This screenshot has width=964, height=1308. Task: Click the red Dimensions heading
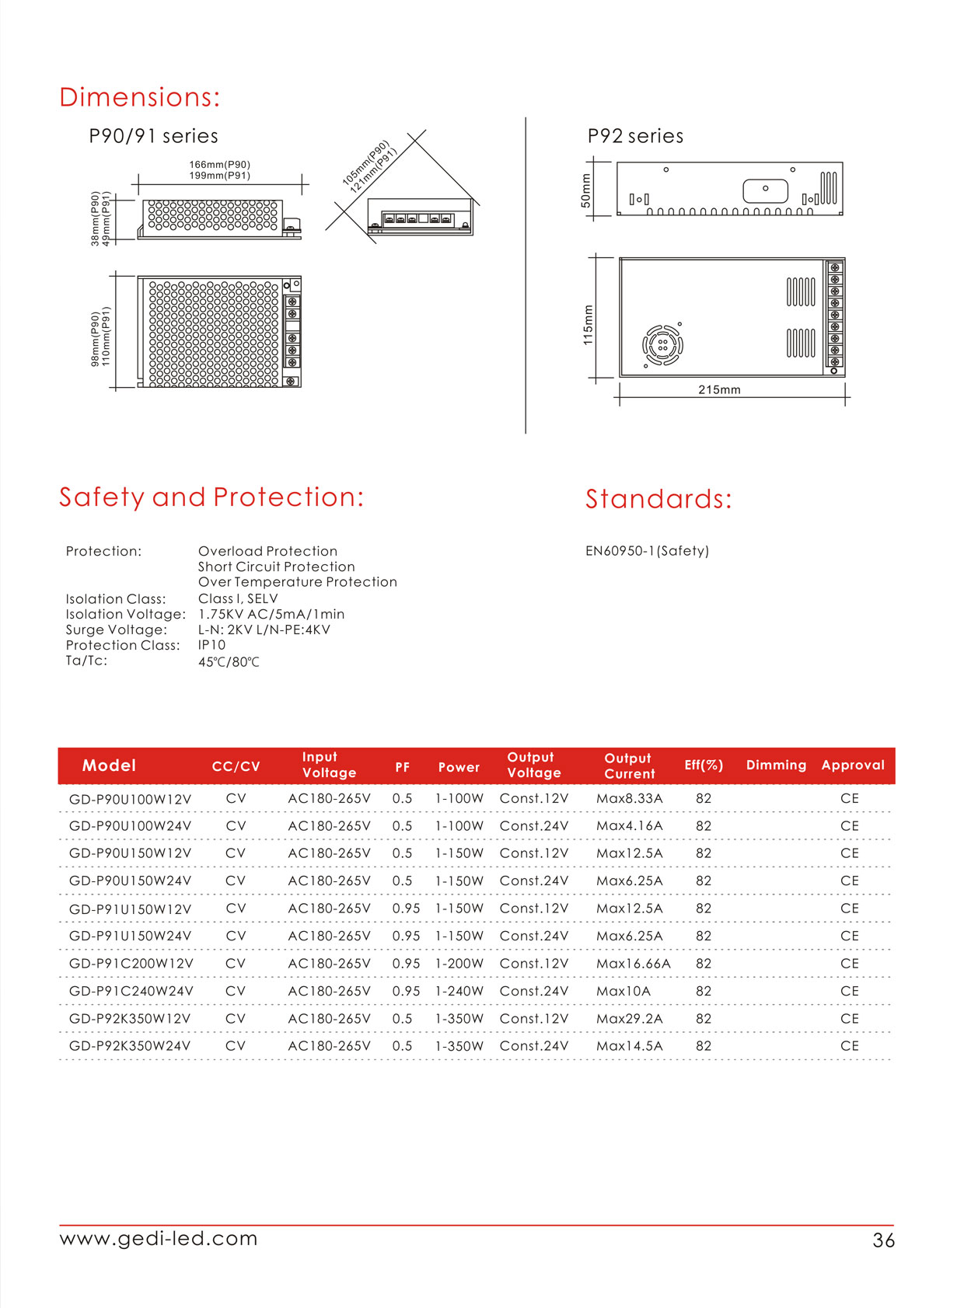pyautogui.click(x=140, y=97)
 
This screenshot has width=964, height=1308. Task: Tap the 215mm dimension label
pyautogui.click(x=719, y=389)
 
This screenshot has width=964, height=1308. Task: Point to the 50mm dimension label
pyautogui.click(x=586, y=190)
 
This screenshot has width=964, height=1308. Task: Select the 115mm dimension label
pyautogui.click(x=588, y=325)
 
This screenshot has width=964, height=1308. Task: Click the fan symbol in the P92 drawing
pyautogui.click(x=662, y=344)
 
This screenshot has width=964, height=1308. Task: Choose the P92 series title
pyautogui.click(x=635, y=136)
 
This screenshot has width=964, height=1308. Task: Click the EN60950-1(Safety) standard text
pyautogui.click(x=647, y=551)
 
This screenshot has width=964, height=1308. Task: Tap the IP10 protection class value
pyautogui.click(x=211, y=645)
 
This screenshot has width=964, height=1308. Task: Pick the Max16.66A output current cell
pyautogui.click(x=633, y=964)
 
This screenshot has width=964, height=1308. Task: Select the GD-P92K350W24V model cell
pyautogui.click(x=130, y=1046)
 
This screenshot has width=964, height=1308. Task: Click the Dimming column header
pyautogui.click(x=776, y=765)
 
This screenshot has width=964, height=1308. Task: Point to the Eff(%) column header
pyautogui.click(x=704, y=765)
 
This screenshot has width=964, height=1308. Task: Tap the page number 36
pyautogui.click(x=883, y=1240)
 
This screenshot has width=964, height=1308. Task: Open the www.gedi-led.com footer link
pyautogui.click(x=159, y=1238)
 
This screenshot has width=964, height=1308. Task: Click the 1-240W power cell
pyautogui.click(x=459, y=991)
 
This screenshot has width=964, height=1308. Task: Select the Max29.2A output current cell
pyautogui.click(x=629, y=1019)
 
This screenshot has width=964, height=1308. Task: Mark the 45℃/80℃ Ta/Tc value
pyautogui.click(x=229, y=662)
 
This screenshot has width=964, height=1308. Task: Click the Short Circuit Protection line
pyautogui.click(x=276, y=567)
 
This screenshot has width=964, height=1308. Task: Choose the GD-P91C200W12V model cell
pyautogui.click(x=131, y=964)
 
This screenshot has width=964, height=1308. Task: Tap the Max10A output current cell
pyautogui.click(x=623, y=991)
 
